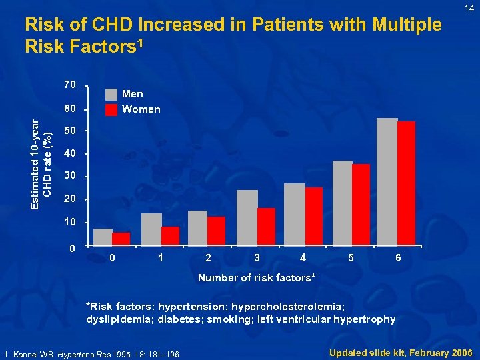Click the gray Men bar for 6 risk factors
[x=387, y=181]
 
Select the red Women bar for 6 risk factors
[x=406, y=183]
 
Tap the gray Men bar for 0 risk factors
[x=103, y=237]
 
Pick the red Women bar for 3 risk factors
[x=266, y=227]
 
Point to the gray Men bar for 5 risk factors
[x=342, y=203]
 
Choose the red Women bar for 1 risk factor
[x=170, y=236]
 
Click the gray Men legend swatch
[x=111, y=95]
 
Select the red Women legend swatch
[x=111, y=109]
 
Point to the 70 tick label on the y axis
[x=70, y=85]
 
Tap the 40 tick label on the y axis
[x=70, y=154]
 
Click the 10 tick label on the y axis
[x=70, y=222]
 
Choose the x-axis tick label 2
[x=209, y=258]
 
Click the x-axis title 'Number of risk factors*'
[x=257, y=277]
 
